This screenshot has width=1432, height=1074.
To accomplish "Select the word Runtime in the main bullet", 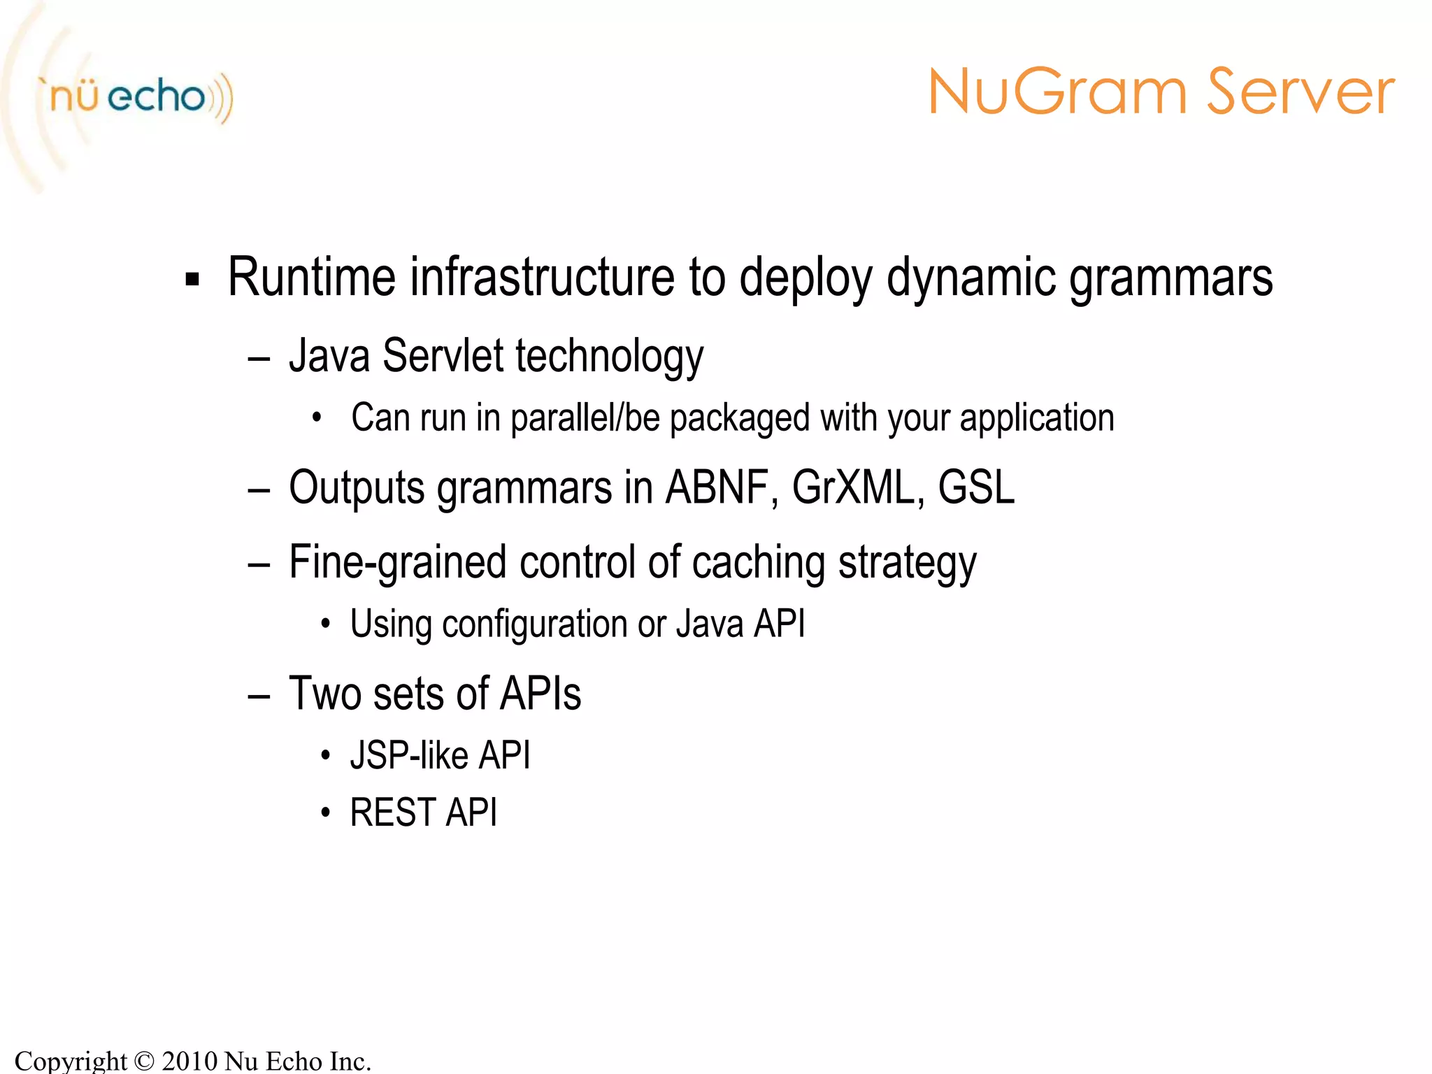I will (x=311, y=278).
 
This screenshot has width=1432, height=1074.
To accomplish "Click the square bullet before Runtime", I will (x=192, y=280).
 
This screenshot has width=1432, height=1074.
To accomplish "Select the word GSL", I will (x=975, y=487).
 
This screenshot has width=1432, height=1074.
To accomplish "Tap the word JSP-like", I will (x=408, y=756).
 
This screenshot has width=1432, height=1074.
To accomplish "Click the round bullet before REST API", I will (x=324, y=813).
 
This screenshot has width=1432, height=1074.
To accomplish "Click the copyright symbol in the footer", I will (x=144, y=1061).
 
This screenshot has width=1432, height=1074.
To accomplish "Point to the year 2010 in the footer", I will (x=189, y=1061).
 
